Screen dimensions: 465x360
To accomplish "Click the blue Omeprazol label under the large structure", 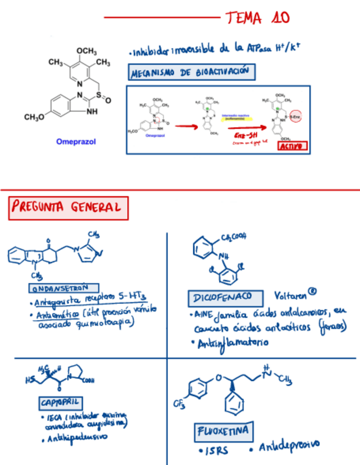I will coord(76,141).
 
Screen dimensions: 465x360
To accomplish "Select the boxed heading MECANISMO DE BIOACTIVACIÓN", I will coord(192,72).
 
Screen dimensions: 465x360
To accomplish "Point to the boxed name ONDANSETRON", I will coord(63,288).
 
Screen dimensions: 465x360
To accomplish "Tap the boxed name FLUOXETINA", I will coord(223,432).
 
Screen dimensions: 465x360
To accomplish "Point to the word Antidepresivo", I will coord(289,446).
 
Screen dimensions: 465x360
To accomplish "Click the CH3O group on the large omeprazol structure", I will coord(35,117).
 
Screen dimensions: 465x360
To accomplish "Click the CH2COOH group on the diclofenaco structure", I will coord(234,237).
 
